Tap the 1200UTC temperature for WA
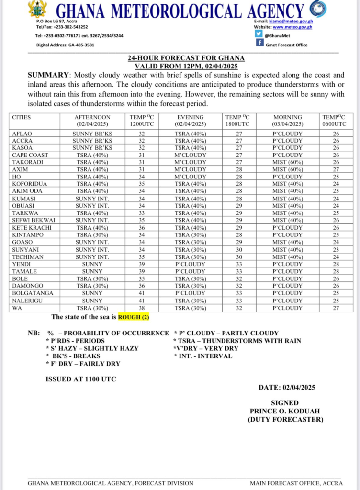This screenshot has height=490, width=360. pos(141,308)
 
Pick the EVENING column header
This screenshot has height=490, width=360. pos(191,117)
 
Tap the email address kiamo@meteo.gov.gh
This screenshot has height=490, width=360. pos(290,22)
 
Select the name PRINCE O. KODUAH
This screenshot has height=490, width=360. pos(285,411)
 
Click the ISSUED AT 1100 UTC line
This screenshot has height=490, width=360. pos(80,379)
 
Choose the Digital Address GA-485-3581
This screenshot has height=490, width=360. pos(66,45)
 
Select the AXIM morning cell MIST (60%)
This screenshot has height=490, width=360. pos(287,169)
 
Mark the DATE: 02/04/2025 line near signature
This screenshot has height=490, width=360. pos(286,387)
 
